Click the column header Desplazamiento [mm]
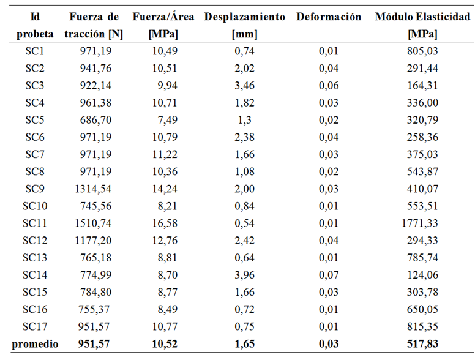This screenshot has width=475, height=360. coord(244,25)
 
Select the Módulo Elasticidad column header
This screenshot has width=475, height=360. coord(422,25)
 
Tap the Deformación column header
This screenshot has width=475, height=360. coord(329,17)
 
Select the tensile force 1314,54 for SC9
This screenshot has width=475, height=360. coord(94,187)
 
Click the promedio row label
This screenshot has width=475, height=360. coord(36,343)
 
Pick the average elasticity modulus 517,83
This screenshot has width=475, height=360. coord(422,343)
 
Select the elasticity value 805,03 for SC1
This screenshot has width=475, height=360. coord(422,51)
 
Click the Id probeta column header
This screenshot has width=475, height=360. coord(35,25)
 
